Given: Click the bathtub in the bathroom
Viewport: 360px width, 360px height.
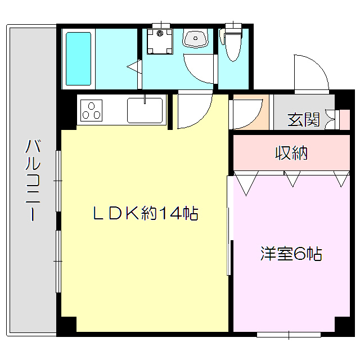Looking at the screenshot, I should (79, 58).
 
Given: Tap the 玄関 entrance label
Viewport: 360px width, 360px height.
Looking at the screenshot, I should (303, 120).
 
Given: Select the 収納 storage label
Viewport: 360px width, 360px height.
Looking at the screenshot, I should (291, 152).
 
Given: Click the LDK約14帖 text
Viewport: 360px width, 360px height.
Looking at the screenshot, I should (145, 213).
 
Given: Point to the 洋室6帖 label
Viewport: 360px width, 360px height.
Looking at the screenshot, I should (291, 254).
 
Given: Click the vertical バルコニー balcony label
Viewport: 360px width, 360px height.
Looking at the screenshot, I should (32, 180).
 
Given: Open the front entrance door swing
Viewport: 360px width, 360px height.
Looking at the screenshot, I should (309, 75).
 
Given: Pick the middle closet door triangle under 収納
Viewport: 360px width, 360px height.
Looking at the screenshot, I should (291, 179).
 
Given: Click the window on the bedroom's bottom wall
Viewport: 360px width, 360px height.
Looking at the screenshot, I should (289, 335).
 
